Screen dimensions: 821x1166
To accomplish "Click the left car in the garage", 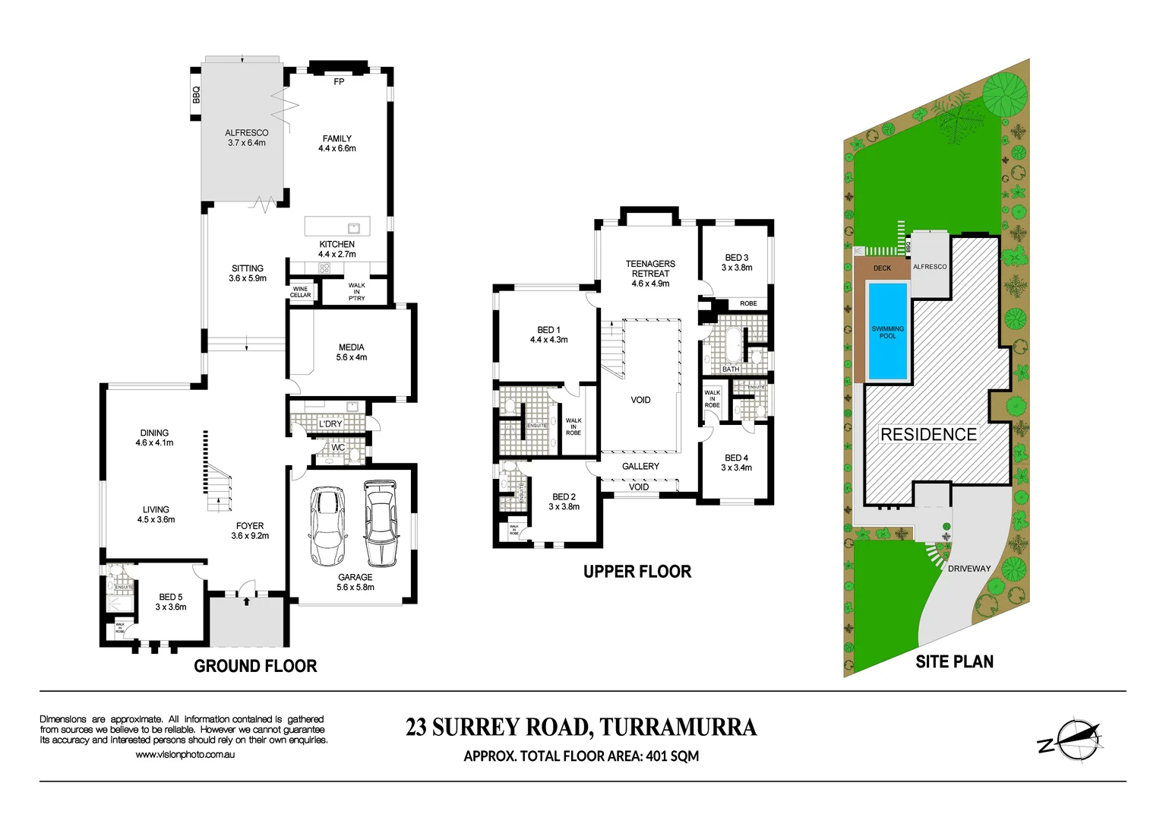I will (x=327, y=526).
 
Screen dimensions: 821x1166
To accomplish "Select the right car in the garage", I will (x=380, y=523).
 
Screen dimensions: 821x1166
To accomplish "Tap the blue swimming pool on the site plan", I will (x=887, y=331).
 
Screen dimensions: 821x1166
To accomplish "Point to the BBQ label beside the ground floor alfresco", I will (x=196, y=95).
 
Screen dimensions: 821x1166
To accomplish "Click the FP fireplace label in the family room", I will (x=339, y=81).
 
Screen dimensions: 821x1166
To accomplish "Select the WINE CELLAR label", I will (x=301, y=292).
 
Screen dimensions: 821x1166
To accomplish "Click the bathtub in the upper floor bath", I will (x=732, y=345).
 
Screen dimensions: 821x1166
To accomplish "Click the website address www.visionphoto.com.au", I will (x=185, y=754).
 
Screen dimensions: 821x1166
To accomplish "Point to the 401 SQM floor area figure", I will (x=672, y=756).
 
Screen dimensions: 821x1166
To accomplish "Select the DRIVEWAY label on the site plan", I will (x=969, y=569).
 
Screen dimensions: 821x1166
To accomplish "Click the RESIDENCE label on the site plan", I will (x=928, y=434).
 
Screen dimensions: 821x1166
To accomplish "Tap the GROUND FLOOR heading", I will (x=255, y=666).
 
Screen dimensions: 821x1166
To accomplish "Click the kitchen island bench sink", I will (x=353, y=227).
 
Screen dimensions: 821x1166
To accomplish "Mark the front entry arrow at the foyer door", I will (x=246, y=601).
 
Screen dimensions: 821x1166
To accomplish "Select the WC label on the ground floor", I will (x=338, y=448).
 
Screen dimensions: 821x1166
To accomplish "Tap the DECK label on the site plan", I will (x=882, y=268).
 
